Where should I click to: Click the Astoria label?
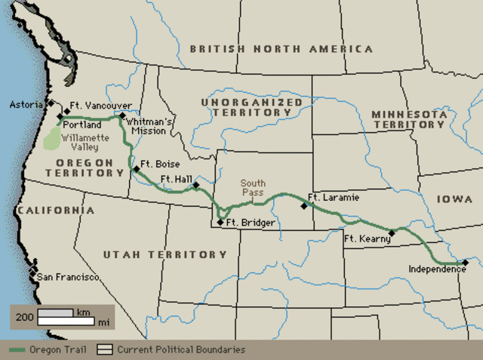coord(27,104)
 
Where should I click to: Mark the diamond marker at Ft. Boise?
coord(137,169)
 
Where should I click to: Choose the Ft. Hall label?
coord(176,179)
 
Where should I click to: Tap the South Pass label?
coord(254,187)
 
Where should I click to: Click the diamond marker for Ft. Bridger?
coord(220,222)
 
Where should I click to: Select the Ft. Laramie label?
coord(334,198)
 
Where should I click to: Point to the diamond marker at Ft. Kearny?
coord(391,232)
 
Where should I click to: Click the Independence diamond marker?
coord(466,263)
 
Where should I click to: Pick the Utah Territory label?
coord(154,255)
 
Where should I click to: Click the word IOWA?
coord(454,199)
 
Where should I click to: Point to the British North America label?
coord(281,49)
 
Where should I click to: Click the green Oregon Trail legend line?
coord(20,350)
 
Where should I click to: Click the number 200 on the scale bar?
coord(24,317)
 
